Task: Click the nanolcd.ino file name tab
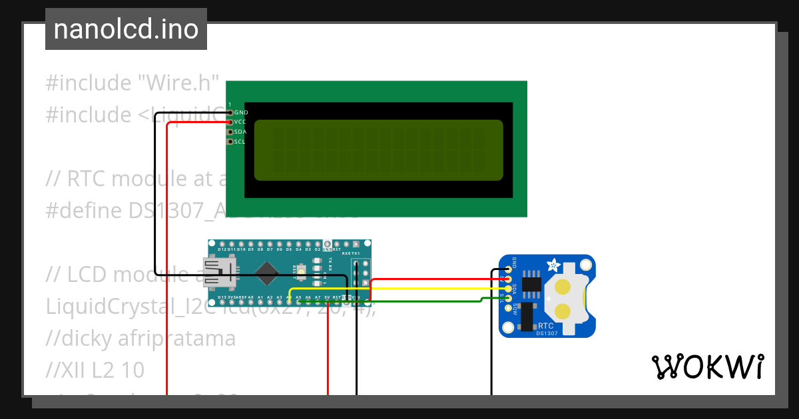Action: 126,29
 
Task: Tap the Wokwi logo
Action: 706,366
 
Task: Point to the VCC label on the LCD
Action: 240,122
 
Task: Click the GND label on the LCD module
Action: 241,113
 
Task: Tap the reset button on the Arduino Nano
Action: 302,270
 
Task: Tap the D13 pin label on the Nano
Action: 213,297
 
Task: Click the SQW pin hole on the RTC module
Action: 509,307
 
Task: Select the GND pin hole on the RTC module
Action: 509,269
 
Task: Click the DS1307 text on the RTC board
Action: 547,333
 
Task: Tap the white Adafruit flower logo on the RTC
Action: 553,265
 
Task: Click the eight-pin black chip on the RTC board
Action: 531,284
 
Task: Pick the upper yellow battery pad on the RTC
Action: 563,287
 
